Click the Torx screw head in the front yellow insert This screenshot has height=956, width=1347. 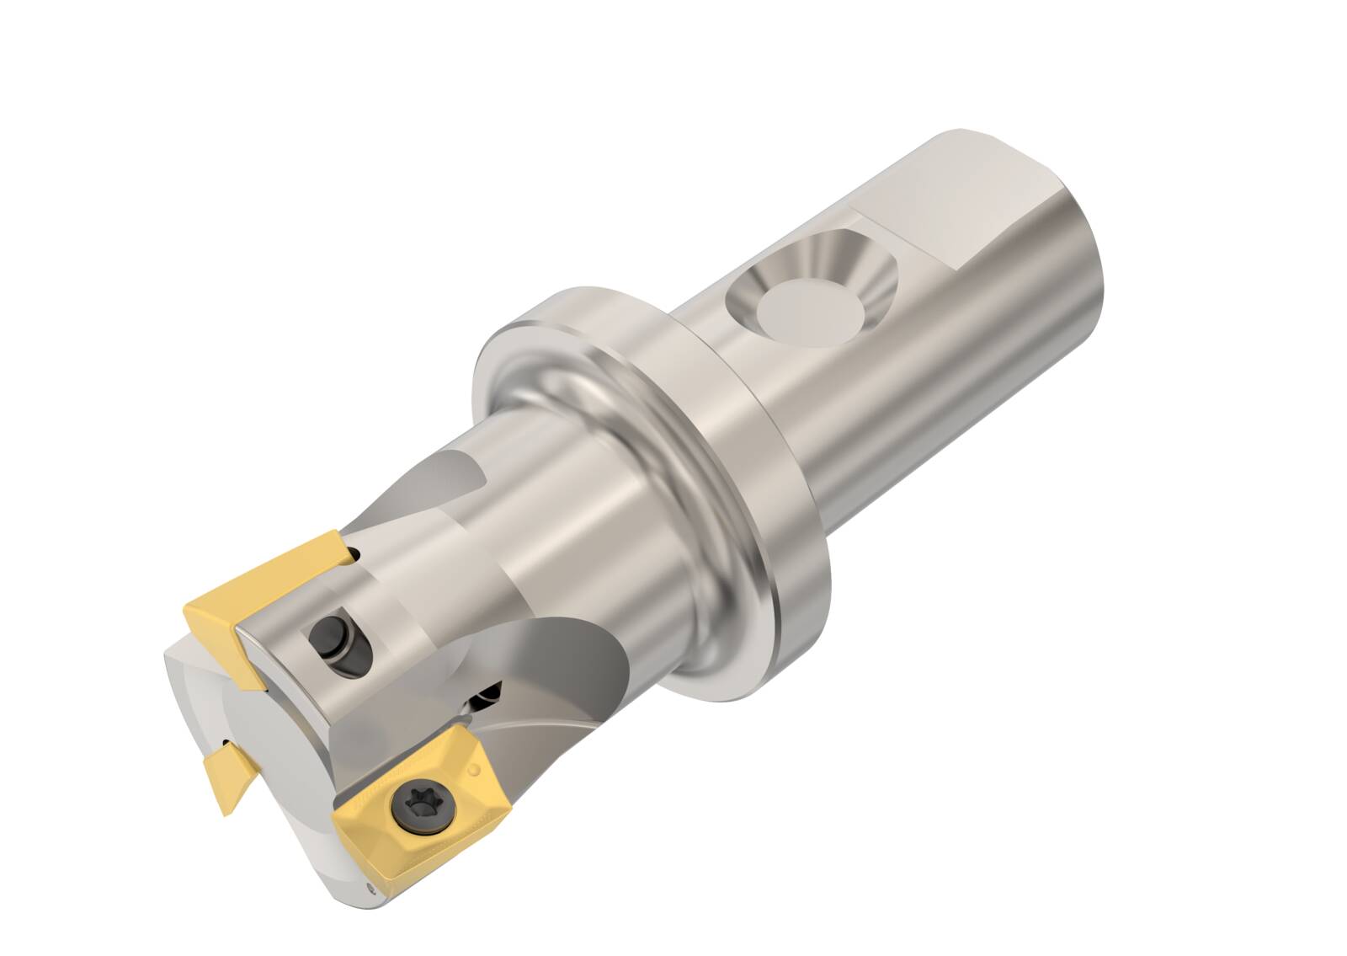coord(418,804)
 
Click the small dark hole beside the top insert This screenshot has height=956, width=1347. coord(355,554)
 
